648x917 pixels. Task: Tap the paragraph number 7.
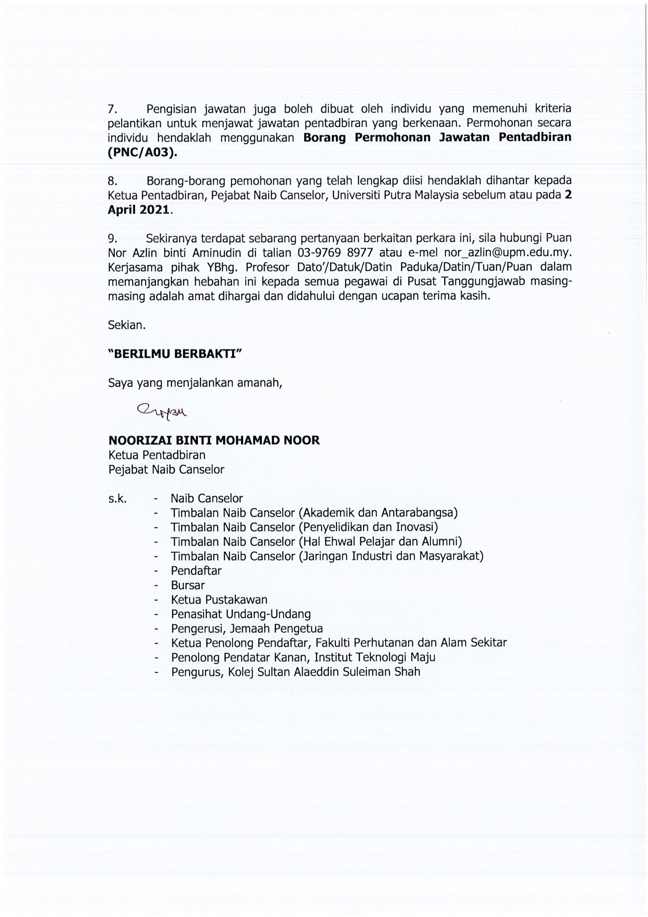(x=112, y=109)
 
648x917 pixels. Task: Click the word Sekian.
(x=126, y=325)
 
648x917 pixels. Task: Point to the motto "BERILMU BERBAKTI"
(x=175, y=354)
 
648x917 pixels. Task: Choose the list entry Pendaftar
(x=196, y=571)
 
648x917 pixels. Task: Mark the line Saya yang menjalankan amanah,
(x=195, y=383)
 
